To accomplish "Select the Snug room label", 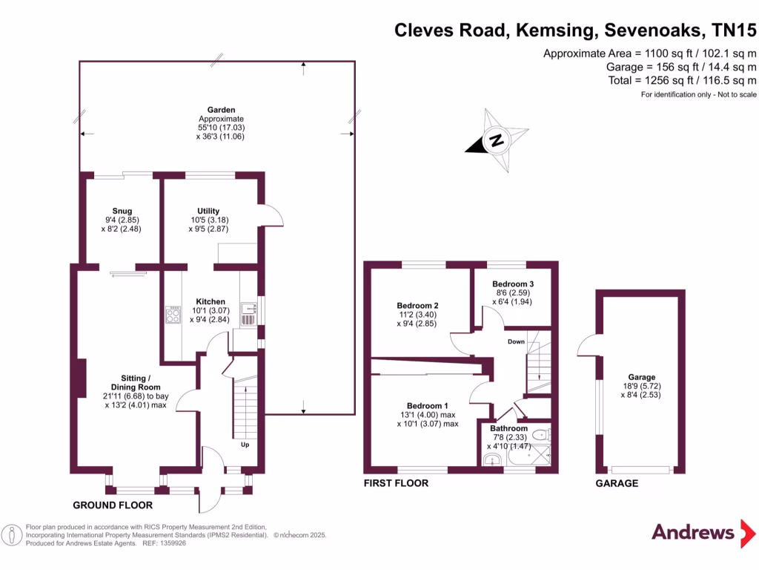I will pyautogui.click(x=122, y=211).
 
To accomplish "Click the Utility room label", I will pyautogui.click(x=208, y=211).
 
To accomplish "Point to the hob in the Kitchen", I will pyautogui.click(x=173, y=315).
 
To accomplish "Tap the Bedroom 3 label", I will pyautogui.click(x=513, y=284).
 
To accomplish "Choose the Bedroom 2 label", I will pyautogui.click(x=417, y=306).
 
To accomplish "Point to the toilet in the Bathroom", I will pyautogui.click(x=542, y=435).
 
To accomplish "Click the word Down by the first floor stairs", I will pyautogui.click(x=516, y=341).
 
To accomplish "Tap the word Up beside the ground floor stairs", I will pyautogui.click(x=244, y=445).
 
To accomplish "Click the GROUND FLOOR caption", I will pyautogui.click(x=113, y=505).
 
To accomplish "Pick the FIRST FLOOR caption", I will pyautogui.click(x=396, y=483).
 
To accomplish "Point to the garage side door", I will pyautogui.click(x=589, y=345).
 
